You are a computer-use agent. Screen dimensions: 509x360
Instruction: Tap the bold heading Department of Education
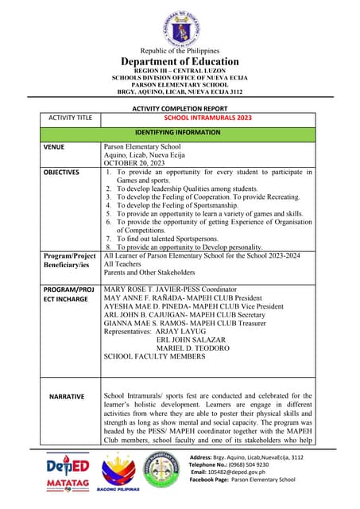(x=180, y=61)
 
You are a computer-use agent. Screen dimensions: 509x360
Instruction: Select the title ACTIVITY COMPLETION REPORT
(x=179, y=108)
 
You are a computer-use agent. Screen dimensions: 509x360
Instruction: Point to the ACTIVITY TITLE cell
(x=70, y=118)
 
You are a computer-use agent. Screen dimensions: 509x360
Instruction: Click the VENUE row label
(x=57, y=147)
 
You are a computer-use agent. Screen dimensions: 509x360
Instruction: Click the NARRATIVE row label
(x=71, y=395)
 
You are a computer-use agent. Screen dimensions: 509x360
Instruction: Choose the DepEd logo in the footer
(x=67, y=466)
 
